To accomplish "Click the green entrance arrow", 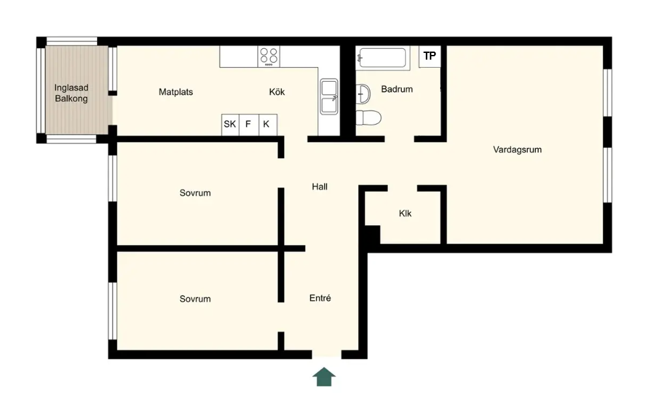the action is click(324, 376).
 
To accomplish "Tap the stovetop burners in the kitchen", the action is click(269, 56).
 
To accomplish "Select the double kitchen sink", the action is click(330, 96).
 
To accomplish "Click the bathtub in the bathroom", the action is click(382, 58).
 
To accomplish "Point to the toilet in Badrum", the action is click(368, 118).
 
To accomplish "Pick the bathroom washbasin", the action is click(363, 94).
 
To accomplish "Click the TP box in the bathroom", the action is click(429, 56).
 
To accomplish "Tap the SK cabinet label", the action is click(230, 124).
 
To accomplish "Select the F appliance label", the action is click(248, 124).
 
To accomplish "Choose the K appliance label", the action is click(266, 124).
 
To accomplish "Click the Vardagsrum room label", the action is click(518, 150).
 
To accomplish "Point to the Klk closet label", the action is click(405, 213).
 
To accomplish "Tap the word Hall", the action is click(319, 186).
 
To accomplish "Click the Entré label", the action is click(320, 298).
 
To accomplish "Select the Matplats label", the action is click(175, 92).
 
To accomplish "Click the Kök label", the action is click(277, 92).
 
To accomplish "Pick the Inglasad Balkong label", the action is click(72, 93).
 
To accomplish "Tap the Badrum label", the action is click(397, 89).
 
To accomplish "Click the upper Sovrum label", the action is click(195, 193).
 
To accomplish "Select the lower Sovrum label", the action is click(195, 299).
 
